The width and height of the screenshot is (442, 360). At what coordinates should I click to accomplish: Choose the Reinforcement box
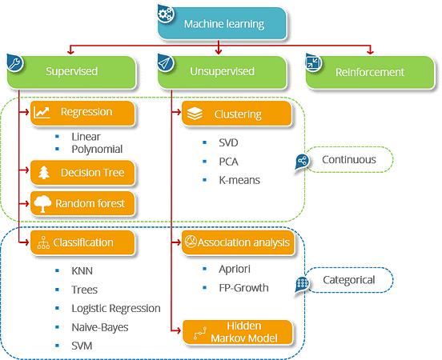tap(371, 72)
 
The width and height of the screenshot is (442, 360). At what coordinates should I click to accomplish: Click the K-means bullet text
tap(239, 180)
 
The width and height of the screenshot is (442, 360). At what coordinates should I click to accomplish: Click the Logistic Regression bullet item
tap(115, 307)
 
